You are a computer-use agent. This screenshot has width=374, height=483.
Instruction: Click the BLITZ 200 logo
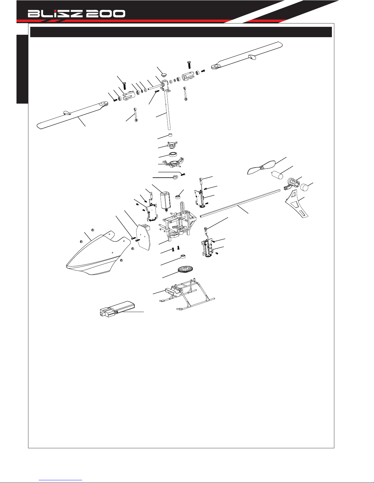pyautogui.click(x=76, y=14)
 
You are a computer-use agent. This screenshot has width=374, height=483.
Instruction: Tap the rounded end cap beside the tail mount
pyautogui.click(x=305, y=187)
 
